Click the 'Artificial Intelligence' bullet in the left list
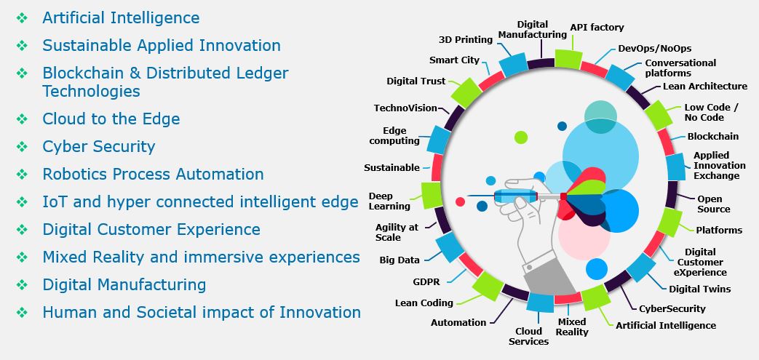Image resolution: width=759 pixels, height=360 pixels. point(121,18)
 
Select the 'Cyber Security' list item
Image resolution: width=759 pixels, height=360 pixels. point(99,147)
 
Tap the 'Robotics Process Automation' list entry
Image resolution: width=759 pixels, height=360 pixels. point(153,175)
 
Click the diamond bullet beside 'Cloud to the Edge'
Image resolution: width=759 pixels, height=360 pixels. point(22,119)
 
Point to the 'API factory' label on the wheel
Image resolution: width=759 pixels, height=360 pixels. point(597,28)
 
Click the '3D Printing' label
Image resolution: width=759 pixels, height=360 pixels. point(466,40)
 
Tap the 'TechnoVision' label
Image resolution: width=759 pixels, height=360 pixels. point(405,108)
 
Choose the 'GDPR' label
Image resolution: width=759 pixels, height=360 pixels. point(426,281)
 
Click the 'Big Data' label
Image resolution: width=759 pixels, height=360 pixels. point(400,260)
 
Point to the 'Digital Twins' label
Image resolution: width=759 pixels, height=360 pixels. point(700,289)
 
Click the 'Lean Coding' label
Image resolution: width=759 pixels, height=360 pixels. point(424,303)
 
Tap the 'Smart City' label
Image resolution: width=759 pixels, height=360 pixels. point(454,60)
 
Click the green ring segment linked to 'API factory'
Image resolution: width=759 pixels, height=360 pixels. point(568,59)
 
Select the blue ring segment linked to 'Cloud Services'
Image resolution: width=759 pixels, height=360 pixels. point(540,302)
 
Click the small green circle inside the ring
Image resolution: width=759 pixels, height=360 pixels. point(521,137)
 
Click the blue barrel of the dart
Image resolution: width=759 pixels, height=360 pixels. point(515,196)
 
